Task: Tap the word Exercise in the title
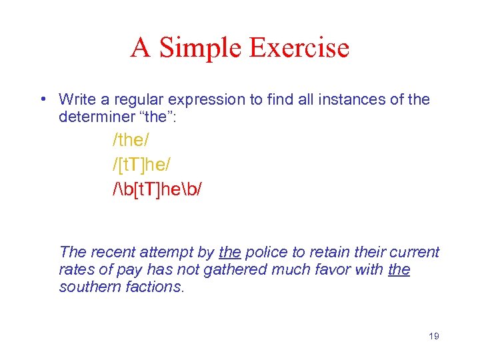click(x=299, y=48)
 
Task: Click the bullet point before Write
click(x=42, y=100)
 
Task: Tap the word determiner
click(x=93, y=117)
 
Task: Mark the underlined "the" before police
click(x=230, y=253)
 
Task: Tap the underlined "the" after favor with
click(x=399, y=270)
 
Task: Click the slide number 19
click(x=433, y=336)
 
